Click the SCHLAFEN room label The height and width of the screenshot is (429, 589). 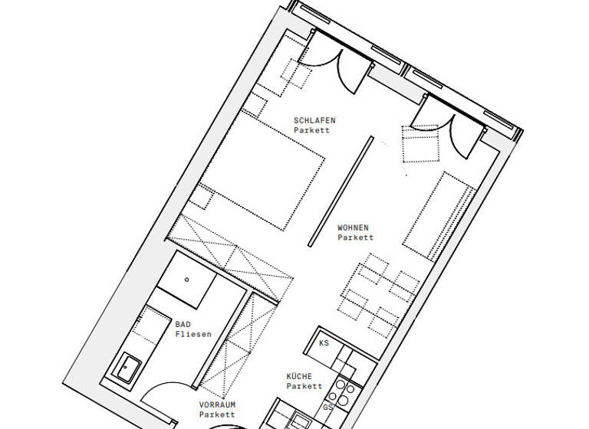[314, 121]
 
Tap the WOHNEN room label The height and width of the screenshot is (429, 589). [353, 228]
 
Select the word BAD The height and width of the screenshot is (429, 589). [183, 324]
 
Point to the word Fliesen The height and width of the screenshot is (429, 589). [192, 334]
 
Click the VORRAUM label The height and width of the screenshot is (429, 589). [217, 404]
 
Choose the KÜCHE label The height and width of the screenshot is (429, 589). [299, 376]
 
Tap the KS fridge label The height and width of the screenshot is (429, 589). [324, 343]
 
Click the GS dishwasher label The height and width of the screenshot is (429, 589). [327, 408]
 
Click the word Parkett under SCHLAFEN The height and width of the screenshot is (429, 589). [311, 131]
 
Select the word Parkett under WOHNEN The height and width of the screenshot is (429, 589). [356, 237]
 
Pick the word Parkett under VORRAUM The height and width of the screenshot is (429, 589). [217, 414]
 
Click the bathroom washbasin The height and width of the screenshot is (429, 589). [127, 366]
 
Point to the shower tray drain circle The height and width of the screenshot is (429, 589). [186, 280]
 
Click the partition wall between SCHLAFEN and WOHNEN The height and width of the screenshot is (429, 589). [341, 192]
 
